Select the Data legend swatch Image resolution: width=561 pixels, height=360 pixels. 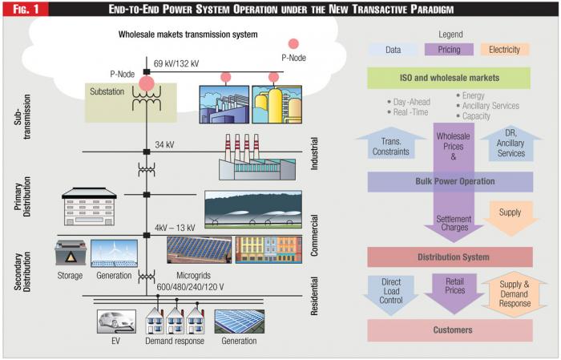[x=393, y=50]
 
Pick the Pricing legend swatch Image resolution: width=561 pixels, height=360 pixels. [x=450, y=50]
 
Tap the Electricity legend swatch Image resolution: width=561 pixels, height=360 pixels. [x=505, y=50]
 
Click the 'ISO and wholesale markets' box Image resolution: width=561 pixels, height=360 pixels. [x=449, y=78]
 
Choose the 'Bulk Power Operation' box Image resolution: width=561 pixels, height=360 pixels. [x=450, y=181]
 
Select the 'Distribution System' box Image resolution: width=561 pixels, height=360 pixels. [x=450, y=257]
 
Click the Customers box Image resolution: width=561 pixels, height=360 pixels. [x=450, y=330]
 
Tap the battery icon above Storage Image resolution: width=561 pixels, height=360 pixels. [x=70, y=254]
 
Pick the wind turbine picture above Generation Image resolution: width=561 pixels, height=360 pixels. [x=114, y=253]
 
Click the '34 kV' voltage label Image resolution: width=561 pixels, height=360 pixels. [x=166, y=144]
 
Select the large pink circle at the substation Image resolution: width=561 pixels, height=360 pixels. [x=147, y=83]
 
